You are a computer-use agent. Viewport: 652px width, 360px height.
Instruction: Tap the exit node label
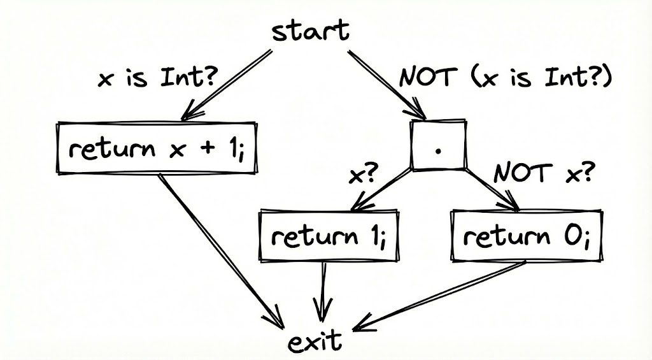[x=315, y=342]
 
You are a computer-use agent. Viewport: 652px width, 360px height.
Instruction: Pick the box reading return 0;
[x=526, y=236]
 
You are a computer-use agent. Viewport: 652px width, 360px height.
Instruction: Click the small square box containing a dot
[x=437, y=145]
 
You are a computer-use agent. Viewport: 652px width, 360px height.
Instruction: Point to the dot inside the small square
[x=437, y=150]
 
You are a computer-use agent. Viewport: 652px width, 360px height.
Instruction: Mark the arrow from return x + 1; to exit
[x=220, y=248]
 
